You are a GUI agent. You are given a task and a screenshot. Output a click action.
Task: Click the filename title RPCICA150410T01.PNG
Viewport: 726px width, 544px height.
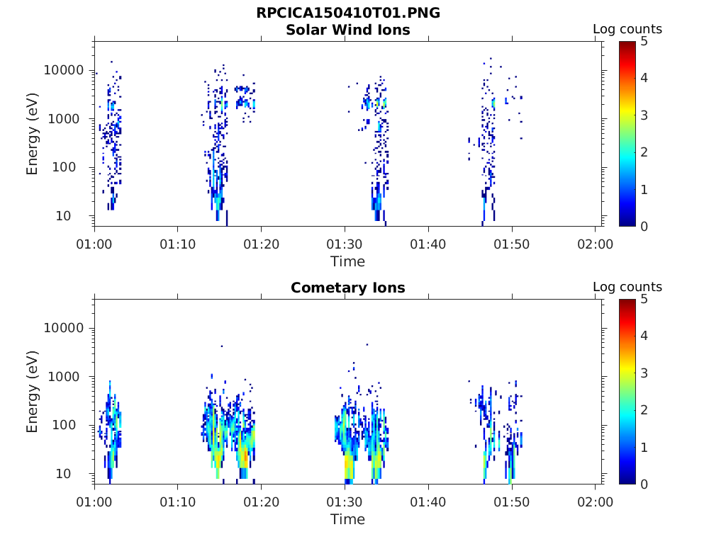(347, 13)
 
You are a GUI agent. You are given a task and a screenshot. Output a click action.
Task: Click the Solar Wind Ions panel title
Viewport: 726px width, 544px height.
(347, 30)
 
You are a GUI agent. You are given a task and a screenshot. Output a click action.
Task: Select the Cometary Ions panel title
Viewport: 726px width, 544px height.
(347, 288)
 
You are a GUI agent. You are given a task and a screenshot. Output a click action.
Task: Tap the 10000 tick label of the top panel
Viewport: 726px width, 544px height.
(65, 70)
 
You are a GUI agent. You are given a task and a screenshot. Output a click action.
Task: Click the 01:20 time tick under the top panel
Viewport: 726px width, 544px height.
(261, 244)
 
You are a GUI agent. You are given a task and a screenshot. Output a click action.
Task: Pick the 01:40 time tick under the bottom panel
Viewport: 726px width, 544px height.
(428, 502)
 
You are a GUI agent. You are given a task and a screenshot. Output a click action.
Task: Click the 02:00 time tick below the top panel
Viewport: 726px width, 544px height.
(595, 244)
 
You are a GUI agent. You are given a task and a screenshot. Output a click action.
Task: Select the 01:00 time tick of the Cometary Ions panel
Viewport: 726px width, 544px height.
(94, 502)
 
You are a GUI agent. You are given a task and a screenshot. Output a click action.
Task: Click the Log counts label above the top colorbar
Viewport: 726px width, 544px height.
(627, 29)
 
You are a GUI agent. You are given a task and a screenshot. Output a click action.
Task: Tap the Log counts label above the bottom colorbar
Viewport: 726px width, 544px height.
(627, 287)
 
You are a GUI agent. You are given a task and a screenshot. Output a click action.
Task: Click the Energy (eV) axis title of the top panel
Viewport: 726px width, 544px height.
(33, 134)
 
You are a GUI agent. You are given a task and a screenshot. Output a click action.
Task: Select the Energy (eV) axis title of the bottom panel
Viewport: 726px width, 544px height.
(33, 392)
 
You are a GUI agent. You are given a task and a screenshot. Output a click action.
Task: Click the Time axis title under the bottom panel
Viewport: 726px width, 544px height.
(347, 519)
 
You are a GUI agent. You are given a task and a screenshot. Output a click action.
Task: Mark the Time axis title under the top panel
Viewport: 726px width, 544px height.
(347, 261)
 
